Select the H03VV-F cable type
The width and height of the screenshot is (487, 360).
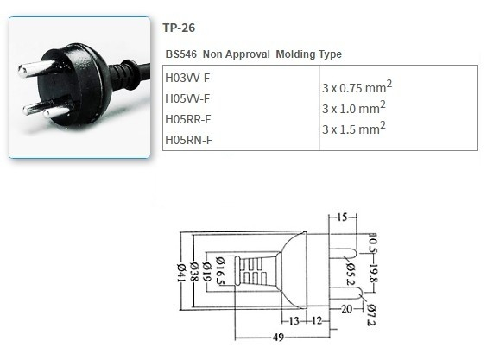coord(187,78)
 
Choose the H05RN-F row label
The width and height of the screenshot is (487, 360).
coord(187,139)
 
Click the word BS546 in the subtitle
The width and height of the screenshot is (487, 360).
coord(180,54)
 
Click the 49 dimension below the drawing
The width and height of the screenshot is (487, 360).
coord(277,338)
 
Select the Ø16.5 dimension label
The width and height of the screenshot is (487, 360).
coord(223,273)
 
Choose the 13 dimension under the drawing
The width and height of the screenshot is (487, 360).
coord(294,319)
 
